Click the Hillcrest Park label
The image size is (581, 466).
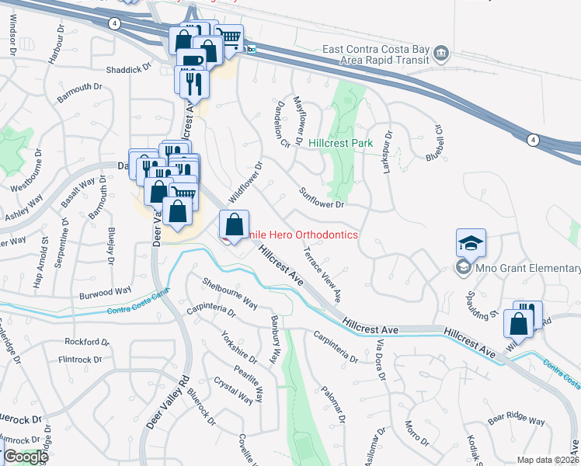tap(340, 143)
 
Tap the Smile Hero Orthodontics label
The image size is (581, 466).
tap(303, 235)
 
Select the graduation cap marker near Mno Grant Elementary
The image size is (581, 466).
tap(471, 244)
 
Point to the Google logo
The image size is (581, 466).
tap(25, 457)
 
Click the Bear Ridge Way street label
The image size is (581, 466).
tap(517, 420)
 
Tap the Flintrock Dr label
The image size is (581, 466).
tap(80, 360)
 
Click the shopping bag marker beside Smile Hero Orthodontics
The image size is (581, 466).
tap(234, 225)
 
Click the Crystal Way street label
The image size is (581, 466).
tap(233, 391)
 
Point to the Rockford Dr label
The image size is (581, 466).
tap(83, 342)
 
